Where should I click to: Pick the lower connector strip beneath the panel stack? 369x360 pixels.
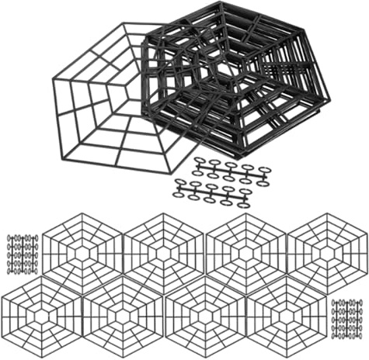[214, 191]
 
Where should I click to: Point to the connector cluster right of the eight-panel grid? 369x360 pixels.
[348, 319]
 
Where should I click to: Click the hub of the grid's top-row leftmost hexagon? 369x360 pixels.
[81, 253]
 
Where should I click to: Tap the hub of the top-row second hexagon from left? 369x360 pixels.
[162, 253]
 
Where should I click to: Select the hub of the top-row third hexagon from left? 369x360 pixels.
[245, 253]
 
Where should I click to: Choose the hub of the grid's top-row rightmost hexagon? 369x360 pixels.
[326, 253]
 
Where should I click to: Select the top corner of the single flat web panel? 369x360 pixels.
[123, 23]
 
